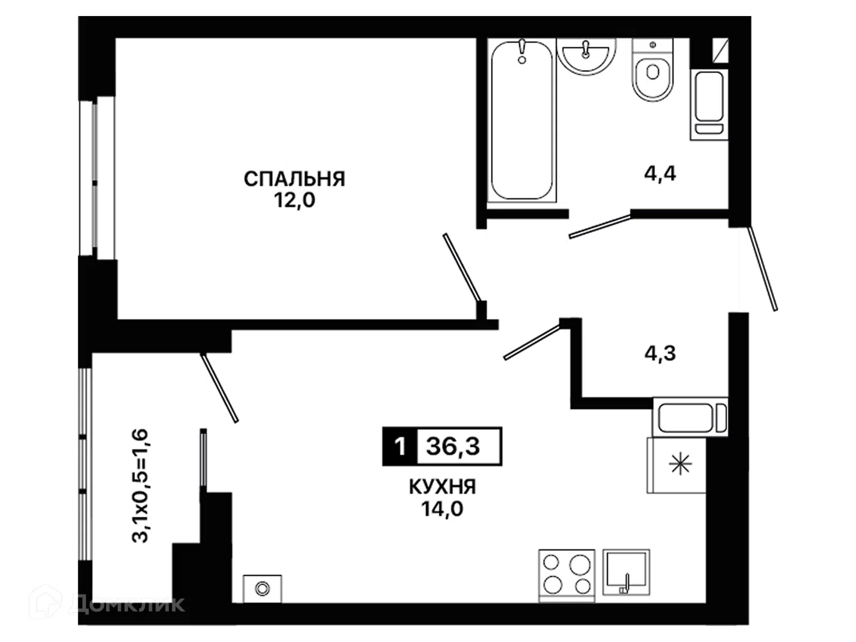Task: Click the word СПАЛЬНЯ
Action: coord(294,180)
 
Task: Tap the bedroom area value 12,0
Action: coord(294,201)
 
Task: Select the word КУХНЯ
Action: coord(442,487)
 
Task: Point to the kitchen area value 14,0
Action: coord(442,508)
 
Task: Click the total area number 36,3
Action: coord(453,446)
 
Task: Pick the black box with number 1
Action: coord(399,446)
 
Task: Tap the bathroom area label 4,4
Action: coord(660,174)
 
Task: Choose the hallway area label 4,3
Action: coord(660,354)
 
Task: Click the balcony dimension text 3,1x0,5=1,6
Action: coord(140,485)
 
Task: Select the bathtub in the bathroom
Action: coord(522,120)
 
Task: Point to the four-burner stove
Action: coord(567,576)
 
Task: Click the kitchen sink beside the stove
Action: coord(626,572)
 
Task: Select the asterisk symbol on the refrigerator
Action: coord(680,464)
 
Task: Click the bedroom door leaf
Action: coord(462,267)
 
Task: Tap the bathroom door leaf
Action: coord(600,226)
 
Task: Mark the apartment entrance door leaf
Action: coord(763,269)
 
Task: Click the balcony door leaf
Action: coord(219,388)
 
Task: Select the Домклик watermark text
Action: coord(127,605)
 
